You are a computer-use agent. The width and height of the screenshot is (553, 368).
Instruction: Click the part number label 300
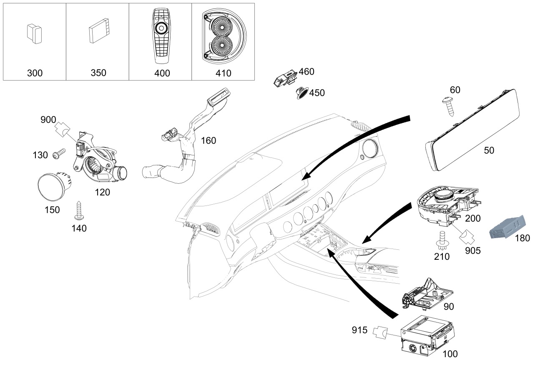point(35,73)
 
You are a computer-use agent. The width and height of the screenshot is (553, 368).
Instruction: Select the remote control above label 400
point(161,36)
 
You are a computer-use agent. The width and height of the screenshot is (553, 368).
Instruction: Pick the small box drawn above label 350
point(99,30)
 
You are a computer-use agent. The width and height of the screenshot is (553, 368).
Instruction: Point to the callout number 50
point(489,150)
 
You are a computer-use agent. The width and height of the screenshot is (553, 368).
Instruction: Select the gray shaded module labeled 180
point(508,227)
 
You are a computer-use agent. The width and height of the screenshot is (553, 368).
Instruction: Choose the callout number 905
point(473,251)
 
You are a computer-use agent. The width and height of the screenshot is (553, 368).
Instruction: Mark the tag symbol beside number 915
point(380,332)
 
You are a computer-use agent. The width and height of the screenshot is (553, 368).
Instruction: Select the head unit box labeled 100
point(427,335)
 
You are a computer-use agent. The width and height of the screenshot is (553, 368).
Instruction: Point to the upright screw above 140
point(79,211)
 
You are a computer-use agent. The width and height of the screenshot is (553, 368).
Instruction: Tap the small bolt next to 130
point(59,154)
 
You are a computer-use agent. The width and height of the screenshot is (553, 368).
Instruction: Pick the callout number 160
point(209,141)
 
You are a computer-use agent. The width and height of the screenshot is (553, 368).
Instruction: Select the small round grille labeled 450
point(302,93)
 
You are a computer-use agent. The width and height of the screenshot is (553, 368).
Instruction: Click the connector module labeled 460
point(286,77)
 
